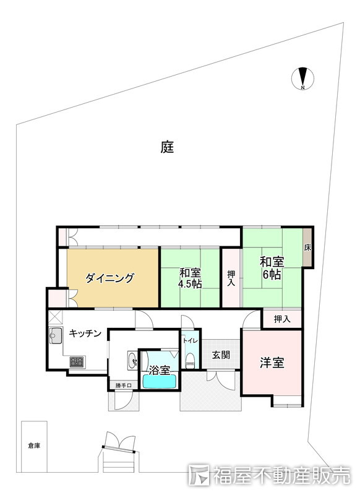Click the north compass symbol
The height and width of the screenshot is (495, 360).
click(302, 79)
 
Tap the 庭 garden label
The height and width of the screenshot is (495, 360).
click(167, 147)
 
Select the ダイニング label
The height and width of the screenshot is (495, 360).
click(109, 278)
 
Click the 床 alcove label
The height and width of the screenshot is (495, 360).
click(307, 247)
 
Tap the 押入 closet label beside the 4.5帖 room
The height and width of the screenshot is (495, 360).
click(231, 278)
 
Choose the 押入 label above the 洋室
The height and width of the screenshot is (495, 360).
click(282, 319)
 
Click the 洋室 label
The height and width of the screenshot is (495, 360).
click(272, 363)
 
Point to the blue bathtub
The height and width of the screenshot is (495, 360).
click(160, 381)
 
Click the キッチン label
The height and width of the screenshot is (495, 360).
click(85, 334)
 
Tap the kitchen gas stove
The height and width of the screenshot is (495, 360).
click(77, 361)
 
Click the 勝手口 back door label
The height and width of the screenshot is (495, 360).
click(124, 387)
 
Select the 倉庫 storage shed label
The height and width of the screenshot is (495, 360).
click(33, 445)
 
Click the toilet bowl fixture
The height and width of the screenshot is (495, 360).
click(191, 360)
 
